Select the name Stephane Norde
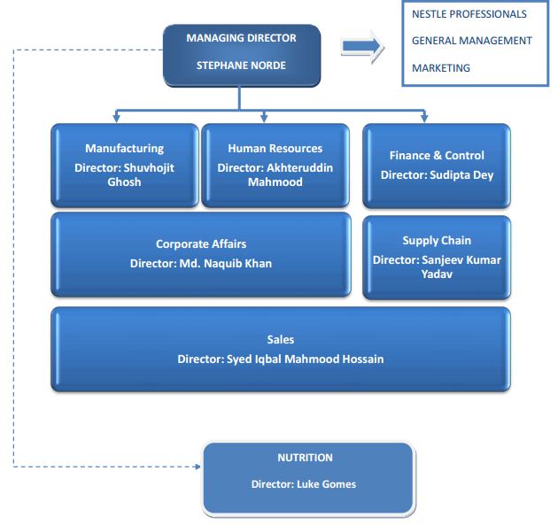coord(241,66)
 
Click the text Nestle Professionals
coord(469,14)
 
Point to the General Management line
coord(471,41)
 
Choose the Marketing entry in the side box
coord(440,68)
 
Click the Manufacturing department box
coord(124,166)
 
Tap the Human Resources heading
coord(275,149)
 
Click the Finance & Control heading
coord(437,156)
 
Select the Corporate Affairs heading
coord(201,244)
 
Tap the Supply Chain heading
coord(437,241)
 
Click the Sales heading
coord(281,340)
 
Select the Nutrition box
coord(307,478)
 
